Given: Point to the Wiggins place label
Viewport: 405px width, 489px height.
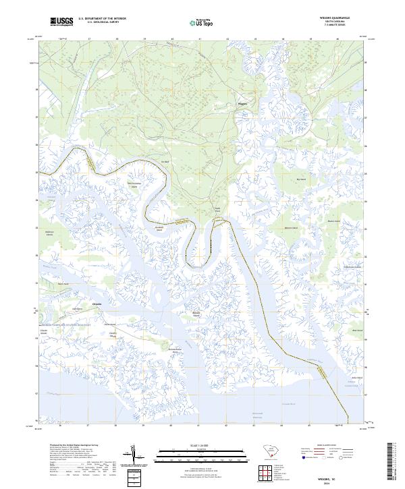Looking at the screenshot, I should click(242, 104).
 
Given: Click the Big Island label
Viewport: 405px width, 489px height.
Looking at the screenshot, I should click(301, 179).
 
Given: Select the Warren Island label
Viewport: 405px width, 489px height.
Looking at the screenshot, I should click(291, 229).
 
